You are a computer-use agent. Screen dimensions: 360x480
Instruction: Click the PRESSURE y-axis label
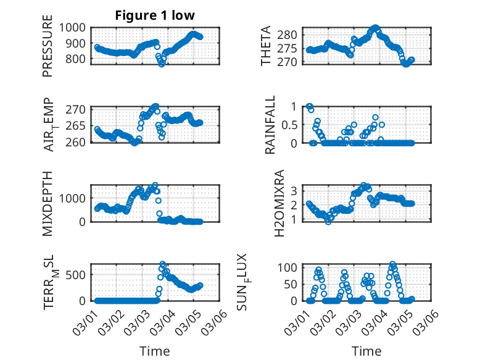pyautogui.click(x=48, y=51)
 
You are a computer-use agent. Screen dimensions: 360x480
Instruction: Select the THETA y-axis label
pyautogui.click(x=265, y=46)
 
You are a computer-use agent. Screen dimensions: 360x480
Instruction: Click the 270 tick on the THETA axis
pyautogui.click(x=292, y=62)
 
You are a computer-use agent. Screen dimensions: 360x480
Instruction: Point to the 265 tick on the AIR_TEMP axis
pyautogui.click(x=77, y=126)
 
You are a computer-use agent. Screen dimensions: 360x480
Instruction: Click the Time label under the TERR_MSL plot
pyautogui.click(x=154, y=351)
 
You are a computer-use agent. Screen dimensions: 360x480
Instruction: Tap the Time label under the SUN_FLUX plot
pyautogui.click(x=366, y=351)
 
